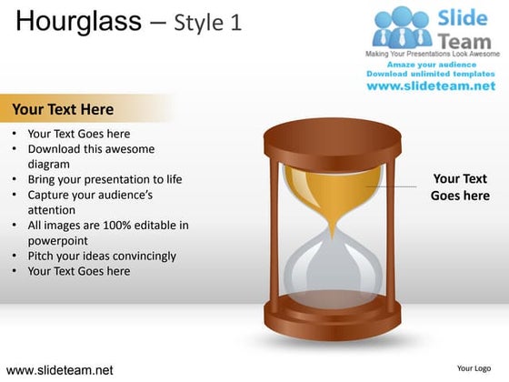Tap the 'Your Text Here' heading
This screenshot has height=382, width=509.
[63, 110]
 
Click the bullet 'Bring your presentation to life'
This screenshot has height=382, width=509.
[105, 179]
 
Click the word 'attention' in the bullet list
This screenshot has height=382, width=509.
[54, 209]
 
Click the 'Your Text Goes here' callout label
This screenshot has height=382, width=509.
[460, 187]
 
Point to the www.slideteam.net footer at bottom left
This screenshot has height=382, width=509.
[60, 370]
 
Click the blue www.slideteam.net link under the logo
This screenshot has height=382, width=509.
[432, 85]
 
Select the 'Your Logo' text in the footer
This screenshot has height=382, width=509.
[474, 368]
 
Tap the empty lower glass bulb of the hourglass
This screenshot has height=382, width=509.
[332, 268]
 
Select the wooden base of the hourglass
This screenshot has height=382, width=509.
[331, 318]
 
